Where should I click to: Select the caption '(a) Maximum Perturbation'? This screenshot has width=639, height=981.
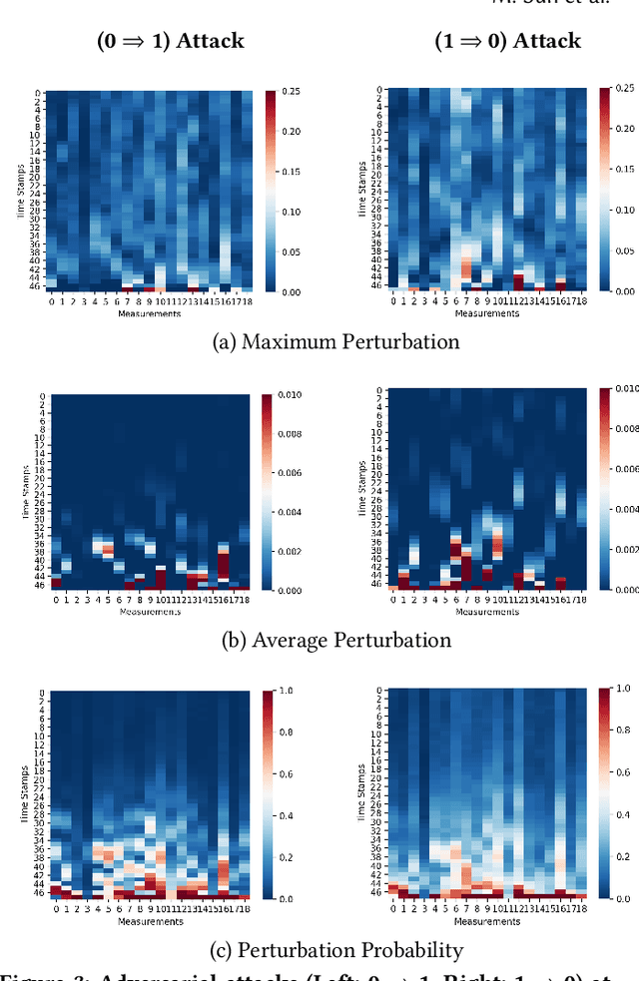point(337,341)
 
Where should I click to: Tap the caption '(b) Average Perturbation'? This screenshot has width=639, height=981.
point(336,640)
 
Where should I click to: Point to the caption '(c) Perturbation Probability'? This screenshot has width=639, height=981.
point(337,949)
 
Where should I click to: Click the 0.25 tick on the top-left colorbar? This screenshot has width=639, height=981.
point(294,92)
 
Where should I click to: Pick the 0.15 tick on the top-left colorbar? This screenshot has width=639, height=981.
point(294,172)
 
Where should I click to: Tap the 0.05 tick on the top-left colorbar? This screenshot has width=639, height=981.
point(294,251)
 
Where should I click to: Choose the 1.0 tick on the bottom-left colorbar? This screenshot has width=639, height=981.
point(290,691)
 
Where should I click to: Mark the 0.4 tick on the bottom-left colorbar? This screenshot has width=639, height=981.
point(290,815)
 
